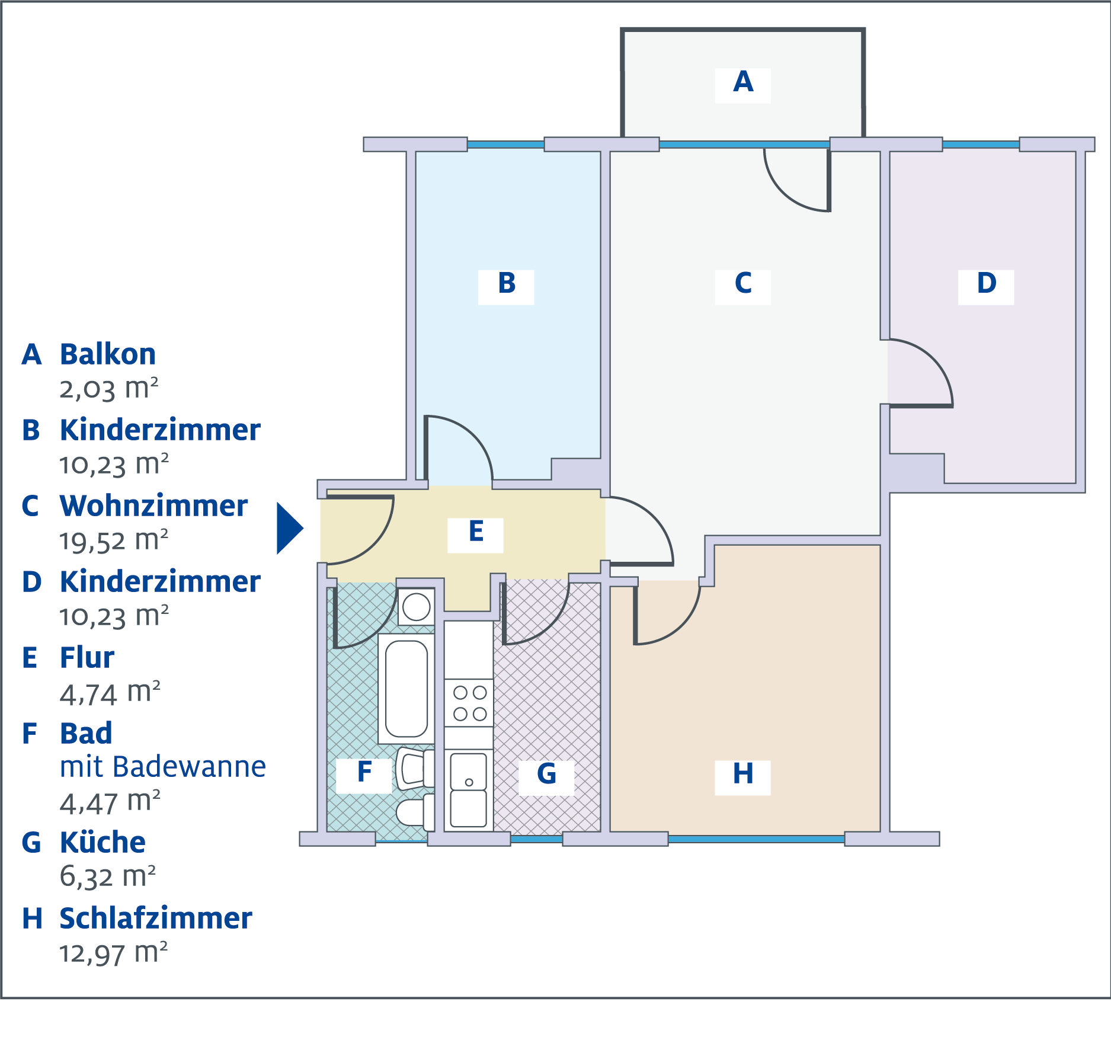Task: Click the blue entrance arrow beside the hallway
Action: [289, 528]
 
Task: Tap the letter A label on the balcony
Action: [743, 82]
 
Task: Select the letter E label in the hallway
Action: [476, 532]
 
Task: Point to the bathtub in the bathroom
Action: [406, 689]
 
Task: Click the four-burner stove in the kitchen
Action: [469, 703]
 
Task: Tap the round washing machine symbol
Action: [416, 607]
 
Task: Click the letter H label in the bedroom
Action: [743, 774]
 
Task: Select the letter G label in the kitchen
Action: [546, 774]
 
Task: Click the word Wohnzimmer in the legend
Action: [153, 506]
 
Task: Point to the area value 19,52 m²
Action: [114, 540]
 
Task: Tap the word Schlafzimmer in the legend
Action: [156, 919]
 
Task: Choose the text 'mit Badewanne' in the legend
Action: [163, 767]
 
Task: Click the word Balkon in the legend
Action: [108, 354]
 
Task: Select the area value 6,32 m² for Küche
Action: [108, 876]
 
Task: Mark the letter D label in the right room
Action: [987, 283]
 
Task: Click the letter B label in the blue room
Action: [507, 283]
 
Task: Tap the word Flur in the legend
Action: [87, 658]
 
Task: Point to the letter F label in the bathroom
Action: [364, 772]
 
